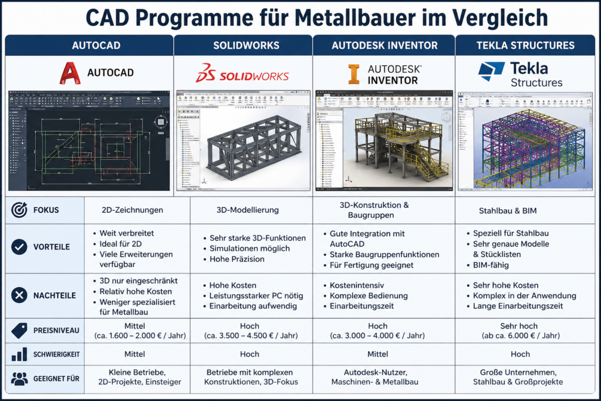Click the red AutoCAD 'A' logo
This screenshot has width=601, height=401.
pos(70,73)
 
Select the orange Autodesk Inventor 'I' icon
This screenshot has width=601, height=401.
pos(354,74)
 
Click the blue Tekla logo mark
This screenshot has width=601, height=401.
pos(491,71)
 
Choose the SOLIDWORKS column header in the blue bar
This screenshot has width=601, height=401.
pos(243,45)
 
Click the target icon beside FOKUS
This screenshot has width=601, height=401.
pos(19,210)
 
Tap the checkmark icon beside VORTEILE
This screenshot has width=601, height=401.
pos(19,247)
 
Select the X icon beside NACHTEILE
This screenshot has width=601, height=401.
pos(19,295)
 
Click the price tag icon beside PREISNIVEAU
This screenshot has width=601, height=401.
pos(19,331)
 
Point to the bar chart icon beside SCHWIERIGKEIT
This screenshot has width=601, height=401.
pos(19,354)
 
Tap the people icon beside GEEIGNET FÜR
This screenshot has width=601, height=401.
pos(19,379)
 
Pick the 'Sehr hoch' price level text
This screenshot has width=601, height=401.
pos(519,326)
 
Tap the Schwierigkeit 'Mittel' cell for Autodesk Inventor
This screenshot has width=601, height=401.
pos(378,354)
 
